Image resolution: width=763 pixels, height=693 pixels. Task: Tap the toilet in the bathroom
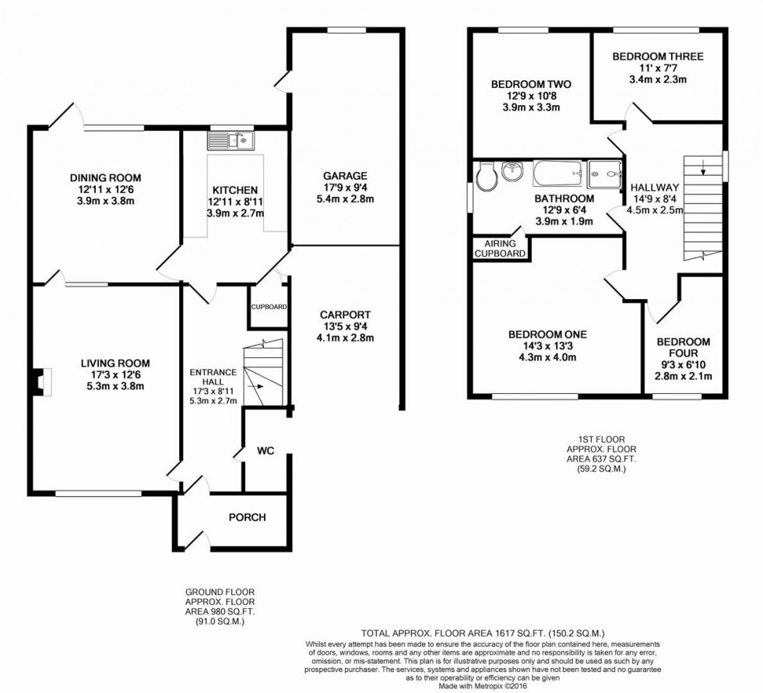[x=486, y=177]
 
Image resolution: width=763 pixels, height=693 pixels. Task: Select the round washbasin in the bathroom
[x=512, y=171]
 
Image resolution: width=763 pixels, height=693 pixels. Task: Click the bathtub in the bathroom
[x=557, y=173]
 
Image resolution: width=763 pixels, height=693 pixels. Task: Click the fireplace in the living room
[x=39, y=380]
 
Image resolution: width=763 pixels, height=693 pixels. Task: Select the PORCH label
[x=247, y=518]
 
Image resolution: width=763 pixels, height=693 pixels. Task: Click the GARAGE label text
[x=346, y=175]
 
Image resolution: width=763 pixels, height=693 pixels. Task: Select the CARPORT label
[x=347, y=314]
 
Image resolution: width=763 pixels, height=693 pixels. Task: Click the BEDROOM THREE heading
[x=657, y=56]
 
